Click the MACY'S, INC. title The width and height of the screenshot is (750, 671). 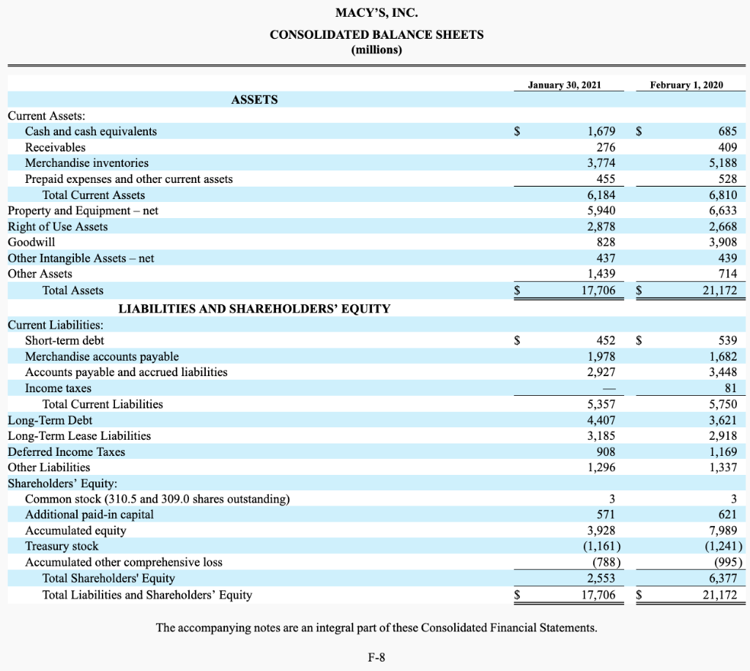tap(376, 13)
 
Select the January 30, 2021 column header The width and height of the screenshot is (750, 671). tap(564, 85)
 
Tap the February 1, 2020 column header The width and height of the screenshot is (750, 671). tap(686, 85)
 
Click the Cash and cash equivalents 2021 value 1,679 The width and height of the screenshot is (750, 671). tap(601, 132)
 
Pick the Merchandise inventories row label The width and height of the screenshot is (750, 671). tap(86, 163)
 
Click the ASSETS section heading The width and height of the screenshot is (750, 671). tap(254, 100)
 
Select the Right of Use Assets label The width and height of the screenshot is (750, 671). tap(58, 227)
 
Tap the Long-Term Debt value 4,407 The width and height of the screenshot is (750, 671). tap(601, 420)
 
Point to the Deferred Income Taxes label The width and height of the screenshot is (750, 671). tap(67, 452)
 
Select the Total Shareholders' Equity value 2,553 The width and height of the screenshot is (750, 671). tap(601, 579)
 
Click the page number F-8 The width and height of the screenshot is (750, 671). tap(376, 656)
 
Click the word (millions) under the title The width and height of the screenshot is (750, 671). tap(376, 50)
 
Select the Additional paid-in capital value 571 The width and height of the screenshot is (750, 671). tap(606, 514)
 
